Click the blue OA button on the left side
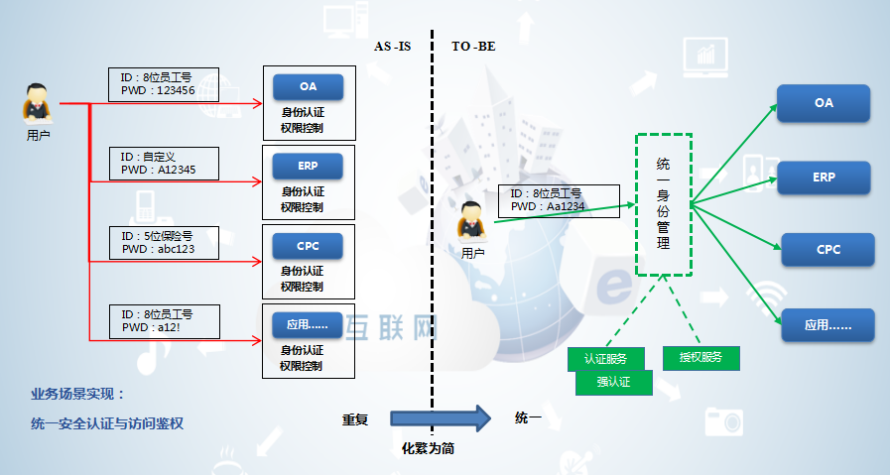tap(308, 87)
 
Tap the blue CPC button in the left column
tap(308, 245)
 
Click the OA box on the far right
tap(823, 103)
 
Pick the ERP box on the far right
tap(823, 177)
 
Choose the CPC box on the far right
tap(827, 249)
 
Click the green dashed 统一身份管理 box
tap(663, 204)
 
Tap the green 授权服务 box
tap(700, 358)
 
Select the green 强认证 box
tap(614, 382)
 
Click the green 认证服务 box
tap(606, 358)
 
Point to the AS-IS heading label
tap(392, 47)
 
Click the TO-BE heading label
tap(473, 47)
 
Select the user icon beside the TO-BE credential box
tap(473, 220)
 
